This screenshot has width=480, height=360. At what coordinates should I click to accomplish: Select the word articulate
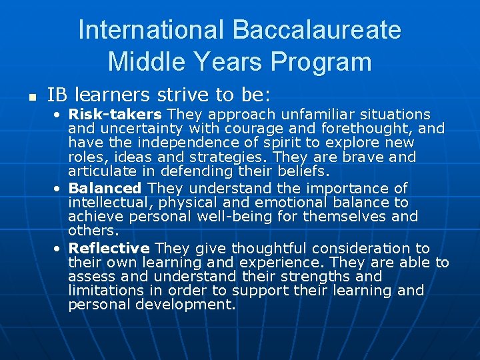point(103,172)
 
